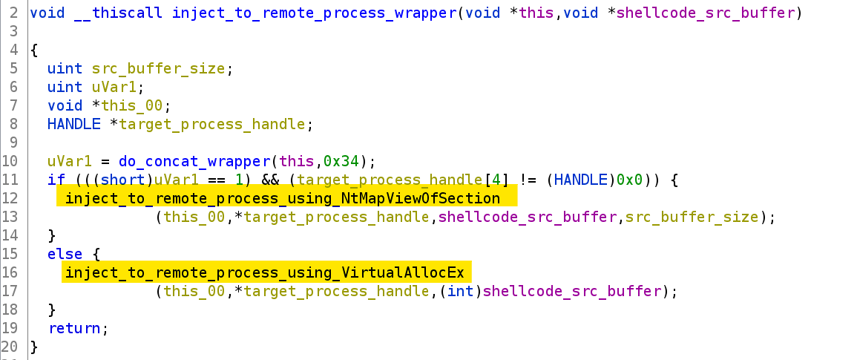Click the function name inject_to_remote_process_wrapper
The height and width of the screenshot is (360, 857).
pos(314,13)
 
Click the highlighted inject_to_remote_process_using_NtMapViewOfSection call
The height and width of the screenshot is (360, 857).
pos(283,198)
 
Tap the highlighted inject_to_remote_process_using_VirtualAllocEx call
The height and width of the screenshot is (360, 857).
pos(265,272)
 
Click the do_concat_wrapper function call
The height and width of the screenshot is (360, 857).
pos(194,161)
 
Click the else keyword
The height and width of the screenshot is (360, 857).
pos(65,254)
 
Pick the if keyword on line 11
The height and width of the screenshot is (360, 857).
pos(56,180)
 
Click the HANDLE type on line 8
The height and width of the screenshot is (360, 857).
pos(73,124)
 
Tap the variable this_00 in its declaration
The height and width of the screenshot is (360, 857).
pos(140,105)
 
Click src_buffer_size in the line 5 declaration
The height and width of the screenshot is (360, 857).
pos(159,68)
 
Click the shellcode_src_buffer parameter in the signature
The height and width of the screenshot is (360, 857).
pos(706,13)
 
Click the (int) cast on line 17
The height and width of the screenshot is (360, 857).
pos(461,291)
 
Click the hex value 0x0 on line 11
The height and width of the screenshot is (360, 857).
pos(629,180)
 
